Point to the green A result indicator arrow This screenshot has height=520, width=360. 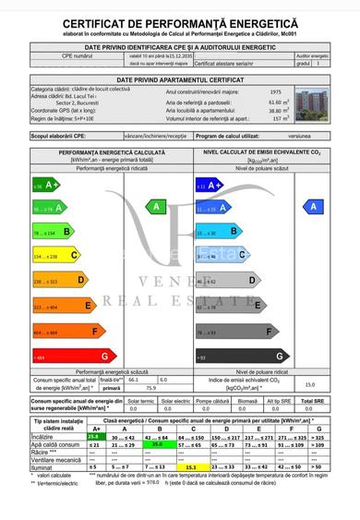pos(156,207)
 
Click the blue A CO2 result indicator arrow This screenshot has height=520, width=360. pos(315,207)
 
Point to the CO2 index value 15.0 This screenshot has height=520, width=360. pos(310,384)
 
